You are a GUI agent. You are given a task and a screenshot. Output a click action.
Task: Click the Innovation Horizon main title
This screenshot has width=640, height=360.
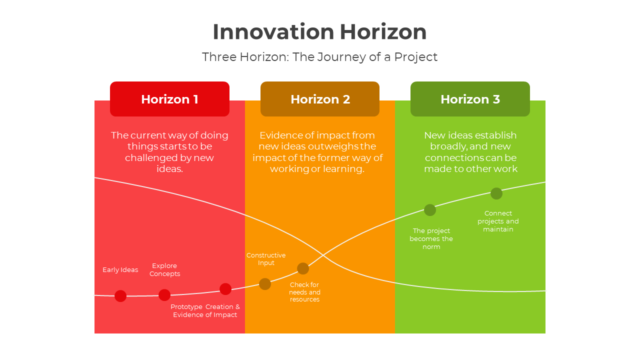(x=319, y=32)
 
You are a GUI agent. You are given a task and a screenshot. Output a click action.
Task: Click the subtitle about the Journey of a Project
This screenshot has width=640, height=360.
(x=319, y=57)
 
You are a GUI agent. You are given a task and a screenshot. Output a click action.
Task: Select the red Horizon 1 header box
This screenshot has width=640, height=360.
(x=169, y=99)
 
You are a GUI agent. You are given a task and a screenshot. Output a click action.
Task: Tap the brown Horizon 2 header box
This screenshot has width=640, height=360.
(x=320, y=99)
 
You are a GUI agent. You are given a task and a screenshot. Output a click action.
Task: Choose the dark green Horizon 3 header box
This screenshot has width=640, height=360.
(x=470, y=99)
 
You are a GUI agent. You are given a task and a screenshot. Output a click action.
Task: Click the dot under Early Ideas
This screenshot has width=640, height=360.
(x=120, y=296)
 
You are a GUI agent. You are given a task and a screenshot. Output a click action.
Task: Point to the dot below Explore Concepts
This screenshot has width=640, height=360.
(x=164, y=295)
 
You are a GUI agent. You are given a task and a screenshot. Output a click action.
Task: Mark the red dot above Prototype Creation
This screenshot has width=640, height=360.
(x=225, y=289)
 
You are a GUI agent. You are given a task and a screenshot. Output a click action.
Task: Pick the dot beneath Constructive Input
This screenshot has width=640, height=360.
(x=265, y=284)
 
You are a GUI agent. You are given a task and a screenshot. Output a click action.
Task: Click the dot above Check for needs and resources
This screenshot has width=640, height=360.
(x=303, y=268)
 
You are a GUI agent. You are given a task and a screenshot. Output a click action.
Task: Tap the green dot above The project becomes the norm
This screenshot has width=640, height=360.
(x=430, y=210)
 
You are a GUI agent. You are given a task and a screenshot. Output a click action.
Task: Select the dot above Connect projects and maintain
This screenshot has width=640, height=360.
(x=496, y=193)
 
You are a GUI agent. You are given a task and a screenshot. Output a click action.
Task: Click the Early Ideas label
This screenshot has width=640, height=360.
(x=120, y=270)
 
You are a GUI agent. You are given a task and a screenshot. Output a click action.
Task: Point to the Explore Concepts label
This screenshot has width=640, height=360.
(x=164, y=270)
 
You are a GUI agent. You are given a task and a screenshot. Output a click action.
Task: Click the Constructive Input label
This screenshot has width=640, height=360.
(x=266, y=259)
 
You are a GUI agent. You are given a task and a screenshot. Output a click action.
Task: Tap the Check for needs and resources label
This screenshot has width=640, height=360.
(x=304, y=292)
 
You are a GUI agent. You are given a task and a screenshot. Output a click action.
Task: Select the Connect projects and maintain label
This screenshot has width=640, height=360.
(x=498, y=221)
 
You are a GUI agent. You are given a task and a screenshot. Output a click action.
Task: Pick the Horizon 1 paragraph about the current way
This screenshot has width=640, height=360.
(x=169, y=152)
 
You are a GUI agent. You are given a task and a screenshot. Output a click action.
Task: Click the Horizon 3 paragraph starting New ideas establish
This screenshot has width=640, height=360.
(x=470, y=152)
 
